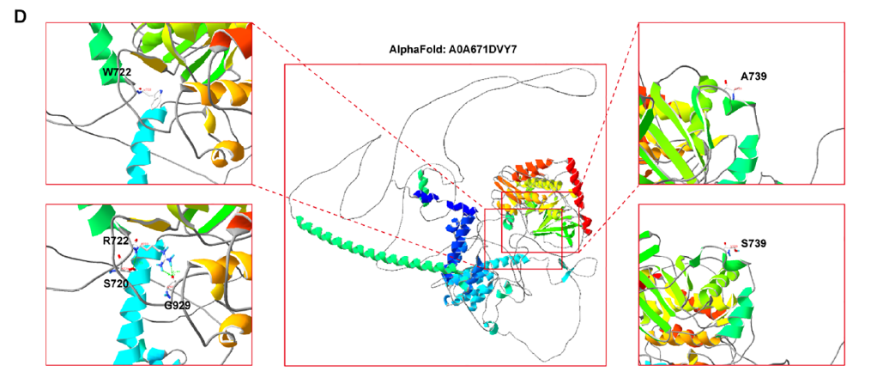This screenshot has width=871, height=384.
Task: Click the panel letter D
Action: (x=20, y=17)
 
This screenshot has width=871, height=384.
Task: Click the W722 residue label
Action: (x=112, y=71)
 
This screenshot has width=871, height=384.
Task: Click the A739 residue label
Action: (x=753, y=76)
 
